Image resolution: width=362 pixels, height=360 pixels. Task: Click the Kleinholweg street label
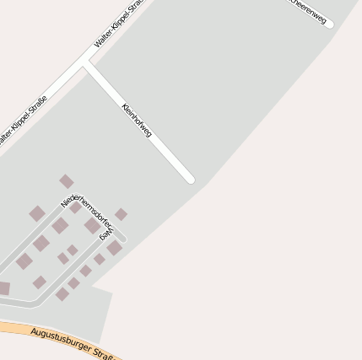click(x=137, y=121)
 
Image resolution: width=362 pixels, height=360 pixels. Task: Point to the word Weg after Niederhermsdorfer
click(x=105, y=233)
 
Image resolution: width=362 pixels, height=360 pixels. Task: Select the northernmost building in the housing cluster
click(x=67, y=181)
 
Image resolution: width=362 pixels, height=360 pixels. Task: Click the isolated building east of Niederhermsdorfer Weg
click(x=122, y=214)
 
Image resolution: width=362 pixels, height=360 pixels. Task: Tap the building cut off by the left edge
click(x=3, y=288)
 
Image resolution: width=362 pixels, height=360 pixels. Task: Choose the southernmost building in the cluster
click(x=62, y=294)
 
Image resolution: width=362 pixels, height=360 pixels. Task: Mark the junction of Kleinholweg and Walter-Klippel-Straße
click(x=86, y=62)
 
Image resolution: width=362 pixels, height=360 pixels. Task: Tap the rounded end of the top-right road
click(x=329, y=24)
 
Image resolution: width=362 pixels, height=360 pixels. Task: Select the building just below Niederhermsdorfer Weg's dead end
click(x=114, y=248)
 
